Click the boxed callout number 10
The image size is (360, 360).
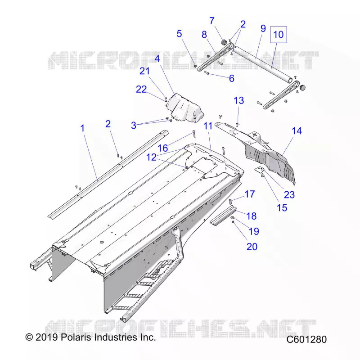[x=279, y=35]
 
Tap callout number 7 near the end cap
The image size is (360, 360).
[x=212, y=21]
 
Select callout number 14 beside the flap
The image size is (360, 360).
[x=297, y=131]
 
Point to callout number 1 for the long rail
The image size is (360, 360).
[x=83, y=128]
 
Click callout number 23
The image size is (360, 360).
[x=289, y=195]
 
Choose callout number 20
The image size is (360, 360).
[x=252, y=247]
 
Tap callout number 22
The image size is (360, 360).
[x=141, y=89]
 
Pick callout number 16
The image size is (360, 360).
[x=163, y=148]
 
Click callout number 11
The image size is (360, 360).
[x=208, y=126]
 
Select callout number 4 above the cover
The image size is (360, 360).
[x=157, y=59]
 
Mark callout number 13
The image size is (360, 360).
[x=239, y=100]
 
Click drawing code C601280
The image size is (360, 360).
[x=306, y=339]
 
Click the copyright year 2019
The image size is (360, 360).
[x=47, y=337]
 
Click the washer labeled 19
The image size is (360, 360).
[x=232, y=217]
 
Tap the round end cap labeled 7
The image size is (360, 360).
[x=223, y=42]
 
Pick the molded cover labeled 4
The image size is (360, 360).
[x=185, y=108]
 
